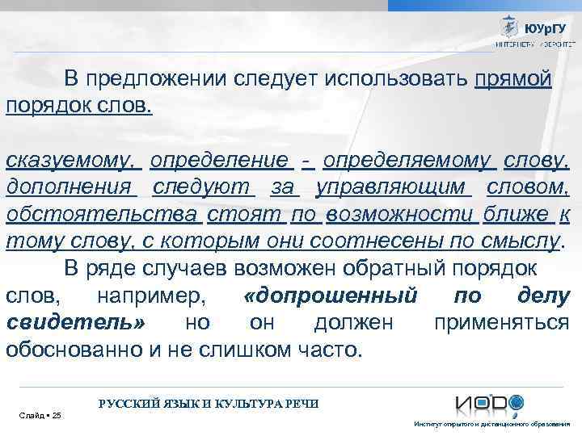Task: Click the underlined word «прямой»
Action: point(513,79)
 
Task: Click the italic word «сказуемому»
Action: point(71,161)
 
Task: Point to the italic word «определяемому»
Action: point(409,161)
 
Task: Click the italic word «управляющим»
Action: point(393,188)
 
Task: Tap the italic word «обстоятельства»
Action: point(102,215)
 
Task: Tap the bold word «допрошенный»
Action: point(330,296)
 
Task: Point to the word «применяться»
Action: point(501,323)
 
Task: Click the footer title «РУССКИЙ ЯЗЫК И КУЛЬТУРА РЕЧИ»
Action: point(209,403)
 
